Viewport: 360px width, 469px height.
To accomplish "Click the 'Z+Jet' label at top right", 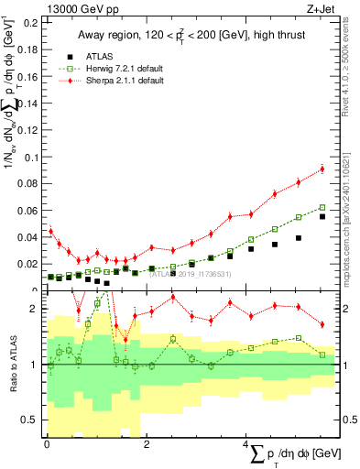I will point(320,8).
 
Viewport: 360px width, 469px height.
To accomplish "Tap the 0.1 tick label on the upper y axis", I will point(30,158).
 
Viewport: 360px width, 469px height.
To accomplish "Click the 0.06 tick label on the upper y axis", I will point(27,211).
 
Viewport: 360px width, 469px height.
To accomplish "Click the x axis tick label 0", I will point(48,444).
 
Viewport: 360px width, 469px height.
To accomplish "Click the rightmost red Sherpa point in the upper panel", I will point(322,169).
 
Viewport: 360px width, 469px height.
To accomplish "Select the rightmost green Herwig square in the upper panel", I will point(322,208).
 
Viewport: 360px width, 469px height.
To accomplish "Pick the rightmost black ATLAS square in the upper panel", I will point(322,217).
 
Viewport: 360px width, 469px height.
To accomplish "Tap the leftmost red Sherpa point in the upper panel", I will point(51,232).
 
